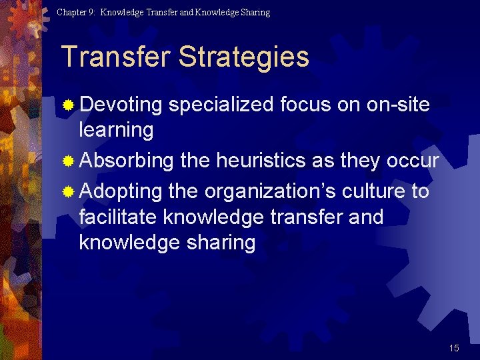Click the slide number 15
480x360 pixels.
point(454,348)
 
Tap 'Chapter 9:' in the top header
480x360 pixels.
point(76,12)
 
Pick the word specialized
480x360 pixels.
point(221,105)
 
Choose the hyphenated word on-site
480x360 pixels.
point(398,105)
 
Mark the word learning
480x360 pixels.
point(116,129)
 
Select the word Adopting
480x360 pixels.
point(121,192)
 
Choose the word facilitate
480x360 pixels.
point(118,217)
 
